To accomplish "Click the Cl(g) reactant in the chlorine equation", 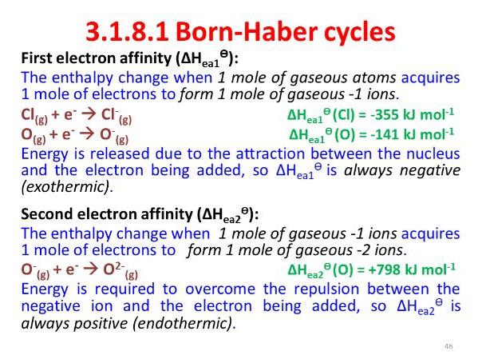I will [x=32, y=116].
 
